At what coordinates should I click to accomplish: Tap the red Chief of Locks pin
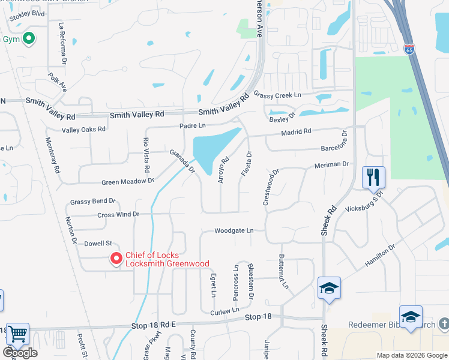pos(116,259)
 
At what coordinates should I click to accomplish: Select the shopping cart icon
pos(17,334)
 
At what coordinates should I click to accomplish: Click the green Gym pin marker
pos(28,40)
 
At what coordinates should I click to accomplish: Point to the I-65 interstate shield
pos(409,50)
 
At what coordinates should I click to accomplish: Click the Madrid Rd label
pos(296,131)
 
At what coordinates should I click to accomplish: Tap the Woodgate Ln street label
pos(234,230)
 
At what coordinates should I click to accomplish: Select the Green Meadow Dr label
pos(128,180)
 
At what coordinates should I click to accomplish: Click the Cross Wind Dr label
pos(118,214)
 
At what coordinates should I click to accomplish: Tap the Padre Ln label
pos(193,125)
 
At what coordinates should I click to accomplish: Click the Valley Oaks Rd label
pos(83,129)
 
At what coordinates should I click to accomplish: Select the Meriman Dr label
pos(331,164)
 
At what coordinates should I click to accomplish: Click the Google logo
pos(20,353)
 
